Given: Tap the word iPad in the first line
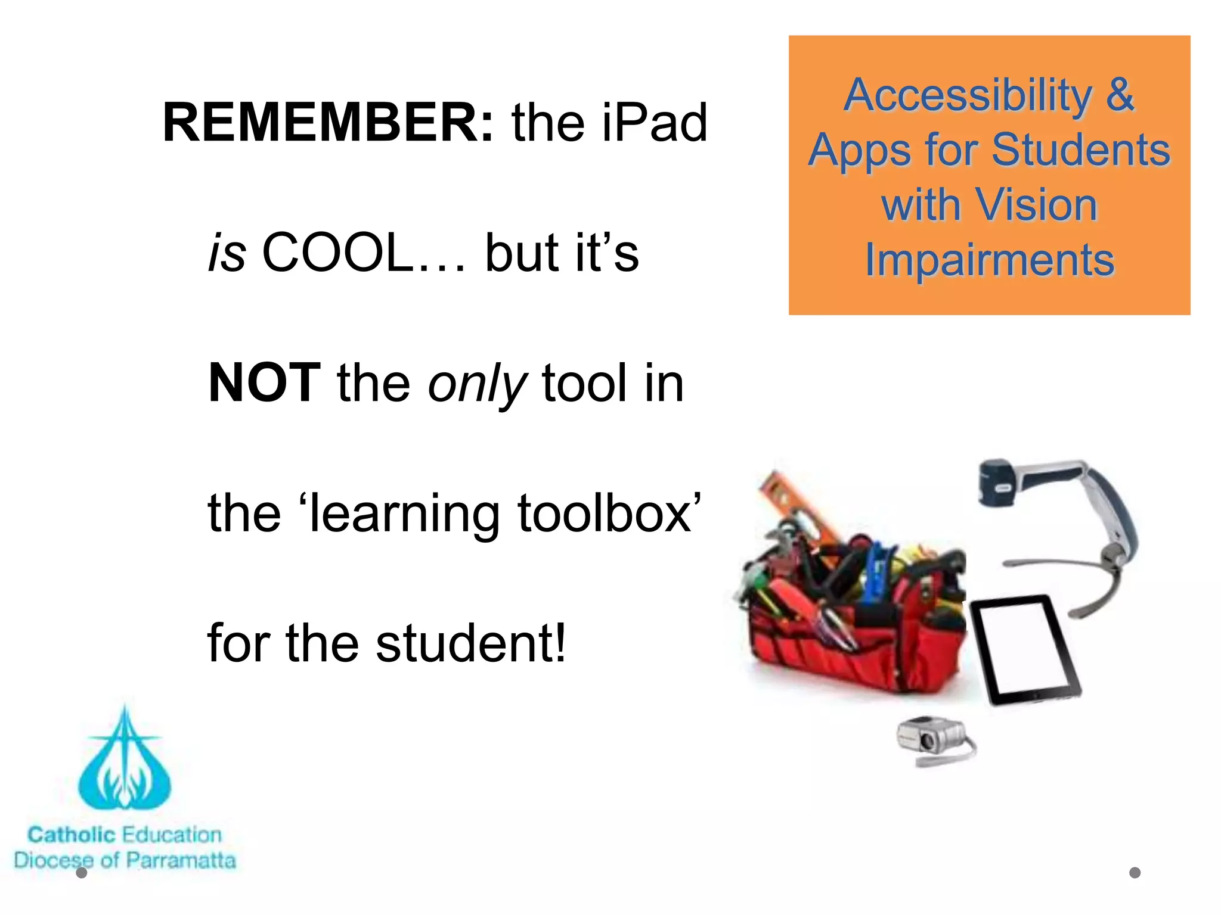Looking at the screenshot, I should tap(654, 123).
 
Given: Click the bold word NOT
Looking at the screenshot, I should tap(265, 383).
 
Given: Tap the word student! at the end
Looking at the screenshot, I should tap(471, 643).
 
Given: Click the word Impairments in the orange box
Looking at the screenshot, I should tap(990, 260).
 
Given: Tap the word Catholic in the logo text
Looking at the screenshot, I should tap(72, 835).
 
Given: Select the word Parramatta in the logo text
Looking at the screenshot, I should tap(181, 860).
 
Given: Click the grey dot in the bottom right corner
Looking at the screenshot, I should tap(1135, 873).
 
